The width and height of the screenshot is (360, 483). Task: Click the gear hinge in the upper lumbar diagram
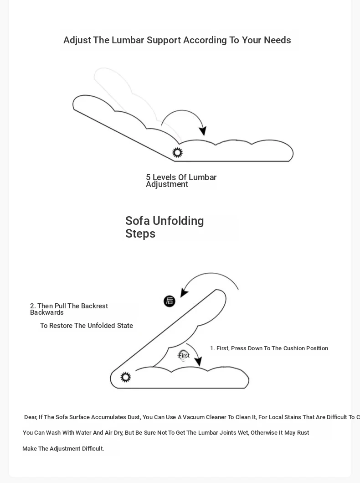pyautogui.click(x=177, y=152)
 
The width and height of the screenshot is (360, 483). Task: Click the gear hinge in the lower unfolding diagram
pyautogui.click(x=126, y=377)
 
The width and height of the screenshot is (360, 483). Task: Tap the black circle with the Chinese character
pyautogui.click(x=170, y=301)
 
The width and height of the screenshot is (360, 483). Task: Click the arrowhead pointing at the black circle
pyautogui.click(x=184, y=292)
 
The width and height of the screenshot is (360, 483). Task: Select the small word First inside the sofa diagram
pyautogui.click(x=184, y=356)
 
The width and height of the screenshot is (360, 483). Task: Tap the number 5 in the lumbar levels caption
pyautogui.click(x=148, y=177)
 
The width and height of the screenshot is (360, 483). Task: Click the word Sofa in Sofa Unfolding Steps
pyautogui.click(x=138, y=221)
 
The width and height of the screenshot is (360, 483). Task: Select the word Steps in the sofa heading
pyautogui.click(x=140, y=234)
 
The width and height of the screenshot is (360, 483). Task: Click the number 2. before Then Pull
pyautogui.click(x=33, y=306)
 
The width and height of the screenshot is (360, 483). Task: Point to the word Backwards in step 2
pyautogui.click(x=47, y=312)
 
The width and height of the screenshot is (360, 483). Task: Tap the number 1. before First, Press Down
pyautogui.click(x=212, y=348)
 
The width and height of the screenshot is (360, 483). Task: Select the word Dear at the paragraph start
pyautogui.click(x=30, y=417)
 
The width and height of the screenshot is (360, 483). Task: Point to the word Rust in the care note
pyautogui.click(x=303, y=433)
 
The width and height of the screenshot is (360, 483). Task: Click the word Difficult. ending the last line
pyautogui.click(x=93, y=449)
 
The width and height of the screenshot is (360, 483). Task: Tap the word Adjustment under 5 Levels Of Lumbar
pyautogui.click(x=167, y=184)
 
